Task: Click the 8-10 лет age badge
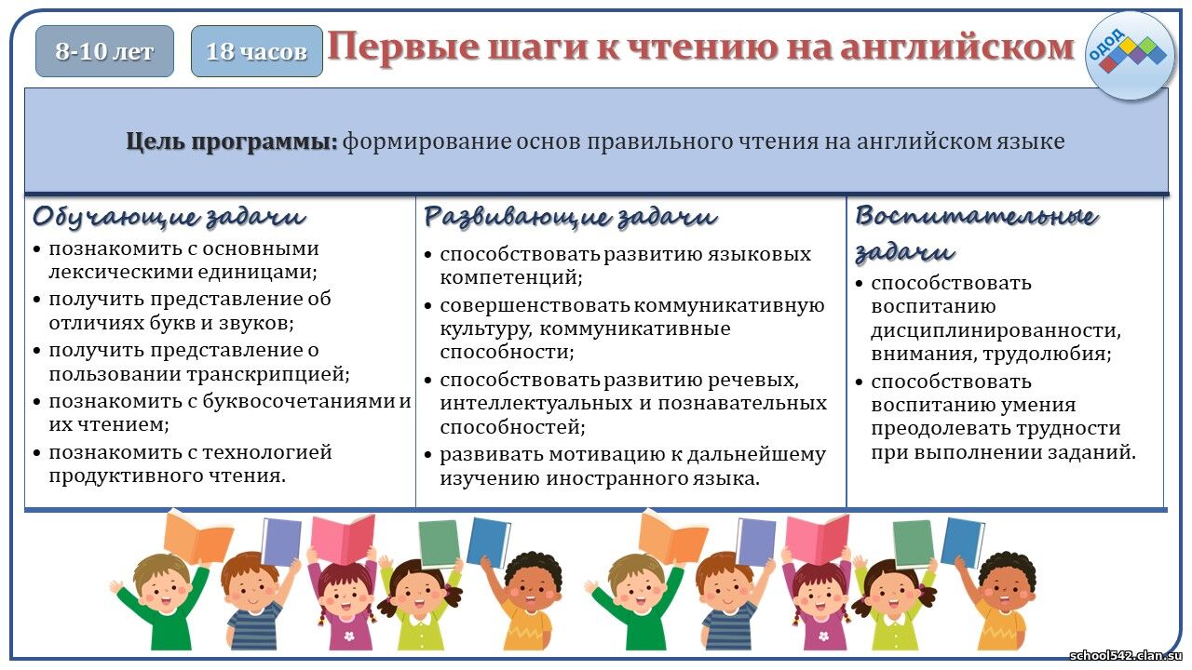pyautogui.click(x=104, y=51)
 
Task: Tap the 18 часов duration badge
pyautogui.click(x=256, y=51)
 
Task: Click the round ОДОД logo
pyautogui.click(x=1130, y=56)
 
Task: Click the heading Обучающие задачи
pyautogui.click(x=169, y=217)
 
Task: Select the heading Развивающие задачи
pyautogui.click(x=571, y=217)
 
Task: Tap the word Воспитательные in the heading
pyautogui.click(x=977, y=216)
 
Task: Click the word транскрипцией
pyautogui.click(x=275, y=374)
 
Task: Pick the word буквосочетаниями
pyautogui.click(x=299, y=401)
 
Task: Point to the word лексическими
pyautogui.click(x=120, y=272)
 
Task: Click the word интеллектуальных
pyautogui.click(x=536, y=404)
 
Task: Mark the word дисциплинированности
pyautogui.click(x=996, y=330)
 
